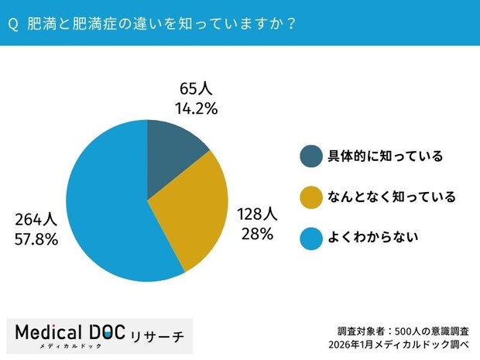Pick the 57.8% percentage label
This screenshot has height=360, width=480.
[36, 239]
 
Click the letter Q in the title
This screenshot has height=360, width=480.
[13, 24]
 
